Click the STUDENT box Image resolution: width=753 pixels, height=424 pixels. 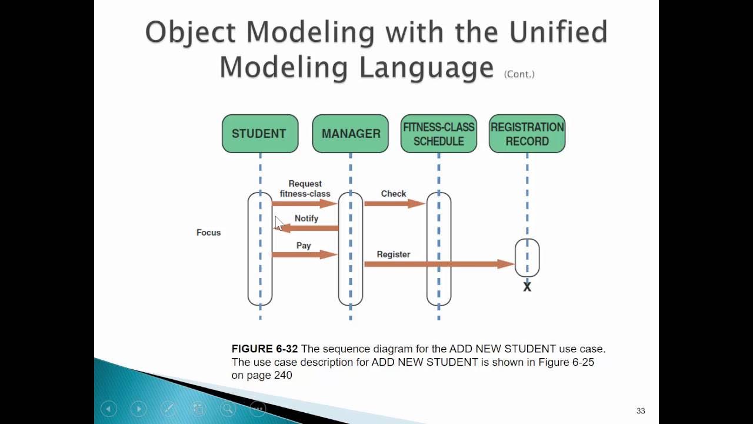[259, 134]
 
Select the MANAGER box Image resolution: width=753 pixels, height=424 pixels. [350, 134]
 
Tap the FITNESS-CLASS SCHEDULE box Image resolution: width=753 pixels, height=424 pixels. [438, 134]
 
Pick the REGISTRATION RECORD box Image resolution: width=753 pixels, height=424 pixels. [527, 134]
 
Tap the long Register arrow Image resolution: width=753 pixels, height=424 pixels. [439, 264]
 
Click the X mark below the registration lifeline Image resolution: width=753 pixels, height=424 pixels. [527, 287]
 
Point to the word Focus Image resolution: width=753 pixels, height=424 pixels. [208, 233]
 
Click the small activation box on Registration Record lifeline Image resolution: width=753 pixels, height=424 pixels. [527, 257]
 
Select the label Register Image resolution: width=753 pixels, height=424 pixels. [394, 254]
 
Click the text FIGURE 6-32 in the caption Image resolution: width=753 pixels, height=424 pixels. [265, 349]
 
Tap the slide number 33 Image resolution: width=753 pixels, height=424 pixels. [641, 411]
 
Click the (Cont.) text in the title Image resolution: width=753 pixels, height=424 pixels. [519, 74]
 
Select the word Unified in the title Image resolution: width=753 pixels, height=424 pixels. [558, 32]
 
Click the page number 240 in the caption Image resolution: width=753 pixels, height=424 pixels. [282, 375]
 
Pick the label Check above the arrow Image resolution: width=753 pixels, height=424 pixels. [394, 194]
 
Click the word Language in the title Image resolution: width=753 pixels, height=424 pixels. [427, 67]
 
